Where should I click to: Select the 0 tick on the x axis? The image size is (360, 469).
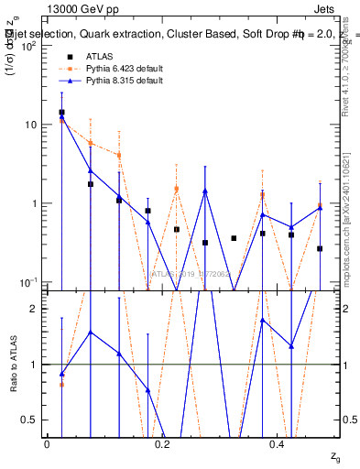(x=47, y=444)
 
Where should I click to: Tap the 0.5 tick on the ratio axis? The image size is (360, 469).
(x=31, y=420)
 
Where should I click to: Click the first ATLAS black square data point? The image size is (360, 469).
(x=61, y=113)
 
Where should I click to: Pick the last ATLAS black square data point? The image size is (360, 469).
(x=320, y=248)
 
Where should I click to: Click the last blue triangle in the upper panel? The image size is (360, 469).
(x=320, y=208)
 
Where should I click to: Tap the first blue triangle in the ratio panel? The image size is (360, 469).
(x=61, y=374)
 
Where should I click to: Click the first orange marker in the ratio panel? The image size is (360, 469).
(x=61, y=384)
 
